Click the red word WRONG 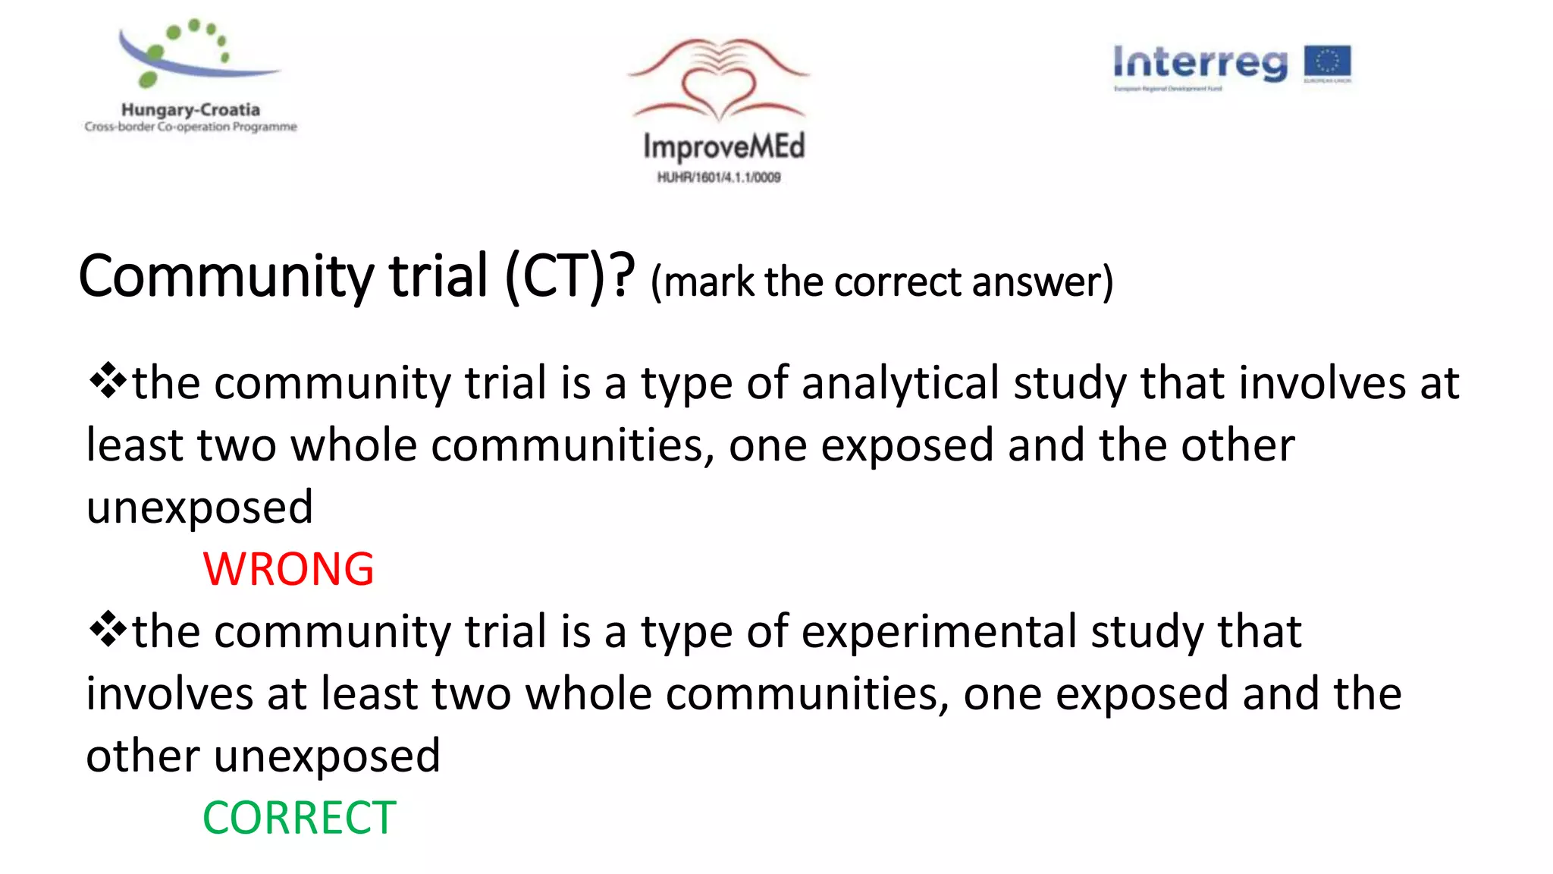pos(288,569)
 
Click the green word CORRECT pos(299,818)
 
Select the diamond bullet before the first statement pos(108,381)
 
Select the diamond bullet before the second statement pos(108,630)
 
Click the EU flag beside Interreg pos(1327,64)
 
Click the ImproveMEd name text pos(723,146)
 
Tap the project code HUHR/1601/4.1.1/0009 pos(718,178)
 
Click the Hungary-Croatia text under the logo pos(190,110)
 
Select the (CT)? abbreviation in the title pos(569,276)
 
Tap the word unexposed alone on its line pos(199,507)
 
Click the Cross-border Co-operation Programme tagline pos(190,127)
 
